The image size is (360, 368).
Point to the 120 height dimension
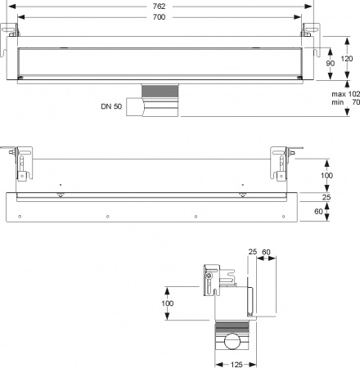pos(347,58)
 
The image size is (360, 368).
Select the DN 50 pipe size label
pos(111,106)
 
